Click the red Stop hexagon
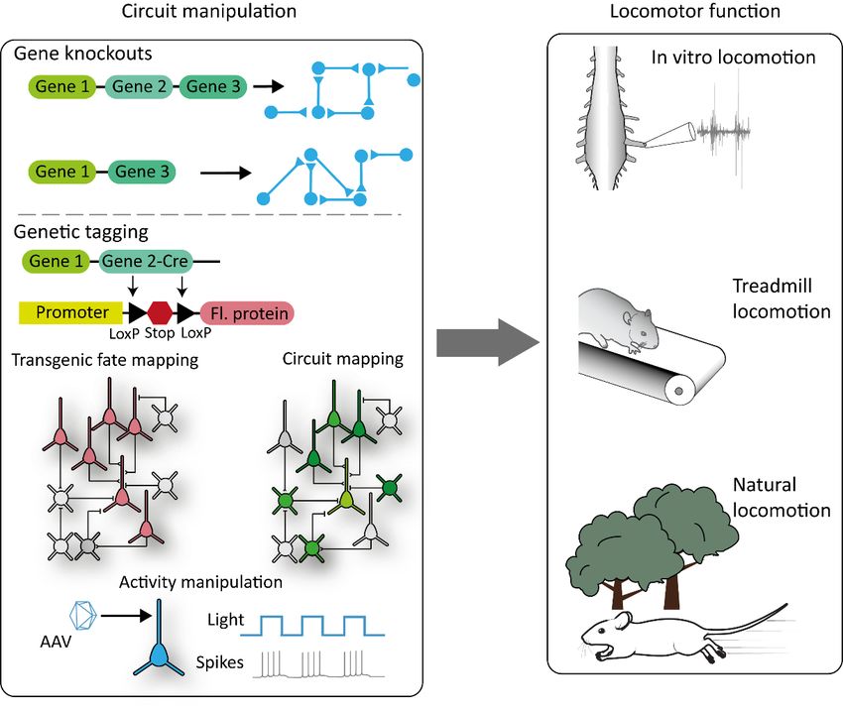(160, 312)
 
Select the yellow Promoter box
(71, 313)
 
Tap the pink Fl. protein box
(247, 313)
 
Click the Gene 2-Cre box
(144, 262)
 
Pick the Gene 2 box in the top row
(139, 86)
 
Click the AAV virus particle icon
(82, 615)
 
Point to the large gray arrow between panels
(488, 342)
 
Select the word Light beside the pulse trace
(226, 620)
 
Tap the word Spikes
(219, 662)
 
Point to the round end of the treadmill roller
(679, 391)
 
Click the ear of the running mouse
(622, 620)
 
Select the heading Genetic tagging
(80, 232)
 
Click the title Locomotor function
(694, 11)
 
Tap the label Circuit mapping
(342, 359)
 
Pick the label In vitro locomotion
(733, 57)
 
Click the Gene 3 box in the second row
(142, 173)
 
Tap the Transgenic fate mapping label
(105, 360)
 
